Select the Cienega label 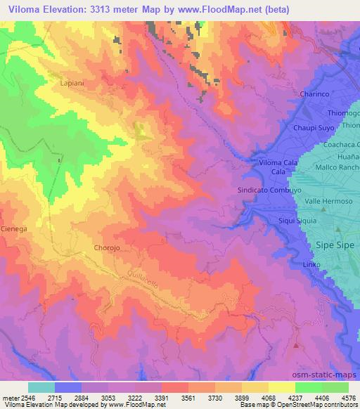13,229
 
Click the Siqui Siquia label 298,221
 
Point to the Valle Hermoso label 328,201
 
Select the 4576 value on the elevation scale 347,397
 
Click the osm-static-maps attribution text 330,373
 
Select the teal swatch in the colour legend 41,387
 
